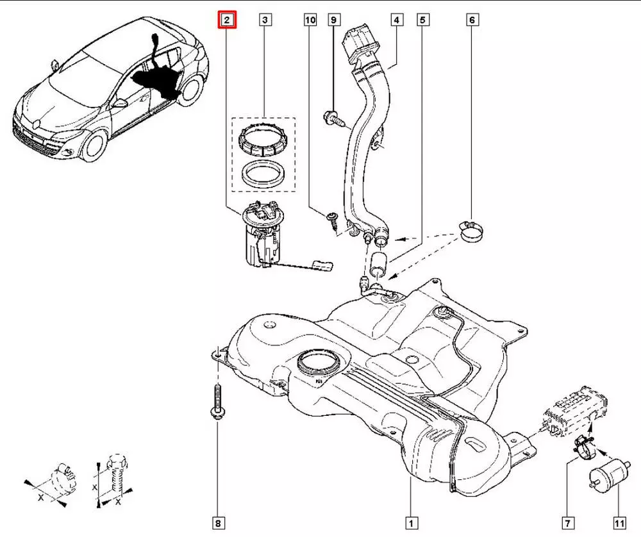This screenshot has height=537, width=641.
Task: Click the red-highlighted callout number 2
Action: click(x=227, y=21)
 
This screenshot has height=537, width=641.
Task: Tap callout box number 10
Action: click(x=310, y=21)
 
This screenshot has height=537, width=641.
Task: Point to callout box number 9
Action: click(x=333, y=21)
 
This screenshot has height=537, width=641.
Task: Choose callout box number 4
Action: click(x=397, y=21)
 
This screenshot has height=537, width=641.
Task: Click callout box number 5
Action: click(x=422, y=21)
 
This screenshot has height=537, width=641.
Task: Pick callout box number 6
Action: click(x=472, y=21)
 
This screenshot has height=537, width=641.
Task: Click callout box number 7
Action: click(x=567, y=522)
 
